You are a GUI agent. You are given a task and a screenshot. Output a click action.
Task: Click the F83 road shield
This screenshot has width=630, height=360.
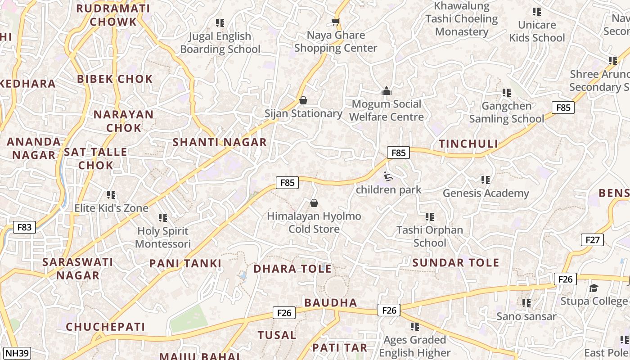[x=24, y=227]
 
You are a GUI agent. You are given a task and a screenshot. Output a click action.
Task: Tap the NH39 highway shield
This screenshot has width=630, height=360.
[x=18, y=353]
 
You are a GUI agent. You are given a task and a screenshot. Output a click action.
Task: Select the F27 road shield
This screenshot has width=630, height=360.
[x=592, y=240]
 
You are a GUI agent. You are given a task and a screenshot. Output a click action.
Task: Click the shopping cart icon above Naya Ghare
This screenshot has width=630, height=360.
[x=335, y=22]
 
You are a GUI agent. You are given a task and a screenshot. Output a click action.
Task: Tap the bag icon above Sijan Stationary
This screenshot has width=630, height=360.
[x=303, y=100]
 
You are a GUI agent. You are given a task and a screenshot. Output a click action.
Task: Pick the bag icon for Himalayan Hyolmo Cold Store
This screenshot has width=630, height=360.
[x=314, y=203]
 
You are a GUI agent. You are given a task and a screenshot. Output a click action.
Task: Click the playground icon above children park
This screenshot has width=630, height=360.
[x=388, y=176]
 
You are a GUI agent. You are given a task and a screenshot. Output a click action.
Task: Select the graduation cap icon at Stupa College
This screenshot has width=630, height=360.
[x=594, y=288]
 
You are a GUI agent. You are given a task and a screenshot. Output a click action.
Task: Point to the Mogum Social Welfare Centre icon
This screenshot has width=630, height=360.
[x=386, y=91]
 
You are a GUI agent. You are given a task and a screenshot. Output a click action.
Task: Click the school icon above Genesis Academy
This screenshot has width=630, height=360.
[x=486, y=180]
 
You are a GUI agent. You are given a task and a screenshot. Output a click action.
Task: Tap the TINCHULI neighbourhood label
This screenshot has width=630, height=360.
[x=468, y=144]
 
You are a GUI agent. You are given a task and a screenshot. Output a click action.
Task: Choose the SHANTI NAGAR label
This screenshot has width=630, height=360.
[x=220, y=143]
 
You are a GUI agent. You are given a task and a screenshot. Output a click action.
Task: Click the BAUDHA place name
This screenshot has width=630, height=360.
[x=331, y=302]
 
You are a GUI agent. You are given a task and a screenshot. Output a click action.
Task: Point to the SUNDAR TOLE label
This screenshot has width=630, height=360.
[x=456, y=263]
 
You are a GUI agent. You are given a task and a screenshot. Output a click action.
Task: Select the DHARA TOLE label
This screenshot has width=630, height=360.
[x=292, y=269]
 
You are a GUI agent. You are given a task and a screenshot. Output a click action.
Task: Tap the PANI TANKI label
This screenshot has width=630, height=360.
[x=185, y=264]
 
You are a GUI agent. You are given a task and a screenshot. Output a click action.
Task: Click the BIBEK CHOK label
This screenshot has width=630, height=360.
[x=115, y=79]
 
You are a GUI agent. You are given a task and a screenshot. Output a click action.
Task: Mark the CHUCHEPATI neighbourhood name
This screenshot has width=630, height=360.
[x=106, y=327]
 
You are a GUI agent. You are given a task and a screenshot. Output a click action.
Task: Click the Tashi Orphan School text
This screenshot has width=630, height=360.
[x=430, y=236]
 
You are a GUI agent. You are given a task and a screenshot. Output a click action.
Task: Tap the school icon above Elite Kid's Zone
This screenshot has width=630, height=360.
[x=111, y=195]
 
